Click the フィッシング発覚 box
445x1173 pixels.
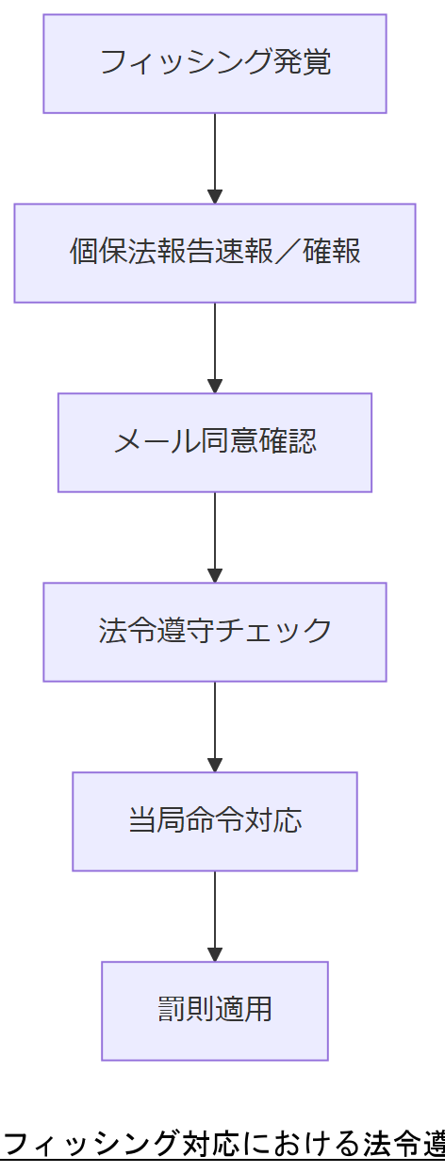coord(215,64)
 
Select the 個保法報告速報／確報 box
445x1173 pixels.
coord(215,253)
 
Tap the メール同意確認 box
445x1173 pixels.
coord(215,442)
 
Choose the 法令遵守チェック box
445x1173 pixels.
coord(215,632)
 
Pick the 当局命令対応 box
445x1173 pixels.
coord(215,821)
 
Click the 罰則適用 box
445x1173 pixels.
coord(215,1011)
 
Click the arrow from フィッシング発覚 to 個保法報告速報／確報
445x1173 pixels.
coord(215,158)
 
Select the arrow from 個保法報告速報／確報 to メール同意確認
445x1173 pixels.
coord(215,348)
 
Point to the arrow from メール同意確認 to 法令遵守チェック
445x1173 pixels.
coord(215,537)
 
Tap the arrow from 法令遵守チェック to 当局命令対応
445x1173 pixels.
coord(215,727)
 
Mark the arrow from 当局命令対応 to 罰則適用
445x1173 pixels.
coord(215,917)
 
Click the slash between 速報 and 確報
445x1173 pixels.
coord(288,253)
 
